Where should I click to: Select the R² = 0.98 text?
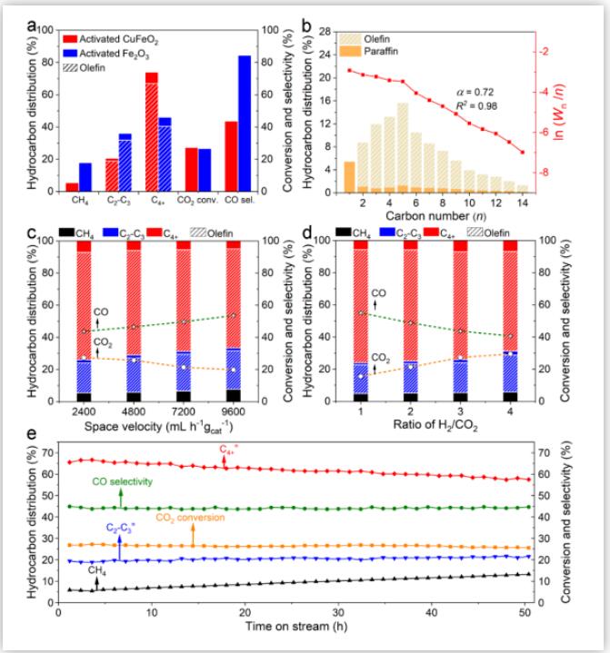475,107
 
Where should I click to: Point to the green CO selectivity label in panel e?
122,481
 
